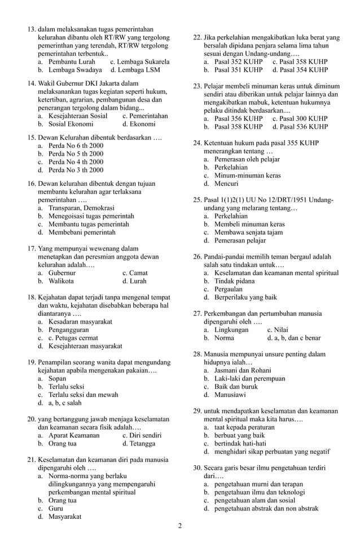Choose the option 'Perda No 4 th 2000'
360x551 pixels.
[x=76, y=161]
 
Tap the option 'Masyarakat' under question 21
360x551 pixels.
[x=65, y=517]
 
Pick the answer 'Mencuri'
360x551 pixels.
[x=226, y=183]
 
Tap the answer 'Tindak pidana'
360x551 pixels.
[x=234, y=282]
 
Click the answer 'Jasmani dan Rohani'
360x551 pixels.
[x=243, y=370]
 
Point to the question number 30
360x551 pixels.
[x=197, y=468]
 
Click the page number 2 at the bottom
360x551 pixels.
[x=180, y=527]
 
